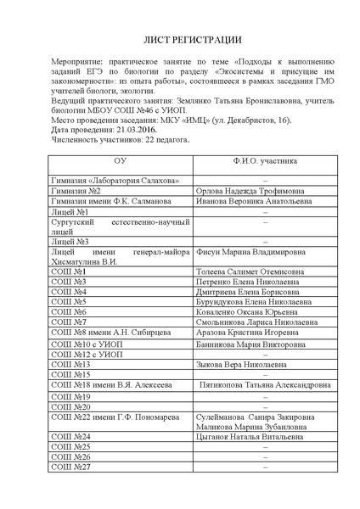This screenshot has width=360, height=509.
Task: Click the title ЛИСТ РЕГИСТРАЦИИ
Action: tap(180, 41)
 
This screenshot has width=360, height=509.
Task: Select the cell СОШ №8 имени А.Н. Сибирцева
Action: tap(101, 333)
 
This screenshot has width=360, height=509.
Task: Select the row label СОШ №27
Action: tap(70, 467)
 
